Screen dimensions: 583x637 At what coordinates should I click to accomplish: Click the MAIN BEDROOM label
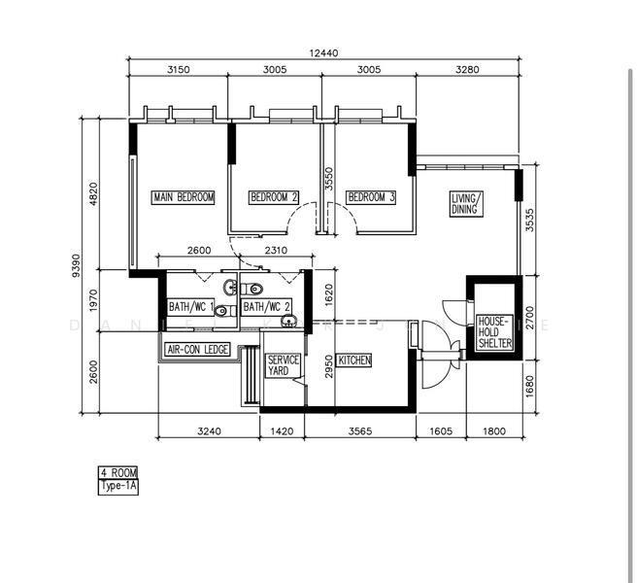(x=184, y=197)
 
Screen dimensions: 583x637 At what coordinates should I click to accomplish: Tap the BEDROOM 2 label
(x=274, y=197)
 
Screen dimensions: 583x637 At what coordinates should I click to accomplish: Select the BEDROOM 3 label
(x=371, y=197)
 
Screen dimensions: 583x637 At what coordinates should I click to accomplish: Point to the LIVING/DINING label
(x=466, y=204)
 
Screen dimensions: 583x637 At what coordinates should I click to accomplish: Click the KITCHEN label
(x=354, y=360)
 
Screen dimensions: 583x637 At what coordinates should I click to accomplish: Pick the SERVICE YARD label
(x=284, y=365)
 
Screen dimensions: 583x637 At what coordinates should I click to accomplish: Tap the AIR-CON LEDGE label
(x=198, y=349)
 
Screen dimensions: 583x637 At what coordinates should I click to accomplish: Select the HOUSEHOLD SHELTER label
(x=494, y=331)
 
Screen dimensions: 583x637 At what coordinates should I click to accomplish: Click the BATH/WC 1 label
(x=190, y=307)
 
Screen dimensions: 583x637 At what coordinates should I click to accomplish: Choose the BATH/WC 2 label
(x=266, y=307)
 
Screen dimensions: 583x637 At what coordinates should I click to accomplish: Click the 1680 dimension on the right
(x=530, y=389)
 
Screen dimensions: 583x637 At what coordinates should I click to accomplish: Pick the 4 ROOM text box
(x=118, y=473)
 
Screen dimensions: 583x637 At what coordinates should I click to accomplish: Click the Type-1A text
(x=118, y=486)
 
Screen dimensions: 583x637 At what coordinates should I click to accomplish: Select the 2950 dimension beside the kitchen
(x=329, y=366)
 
